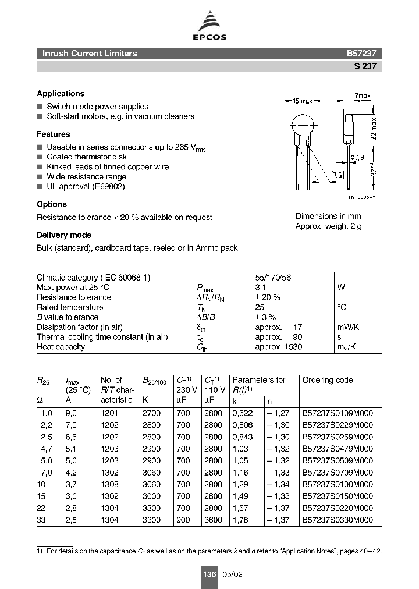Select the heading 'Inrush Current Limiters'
point(90,54)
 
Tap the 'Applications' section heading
point(61,94)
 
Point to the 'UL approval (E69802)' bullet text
point(86,187)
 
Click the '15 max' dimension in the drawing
point(302,101)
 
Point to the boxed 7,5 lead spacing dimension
point(338,175)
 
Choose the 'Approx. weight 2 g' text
point(328,226)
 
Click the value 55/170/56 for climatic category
point(273,278)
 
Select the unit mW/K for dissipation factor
point(349,327)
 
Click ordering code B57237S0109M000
point(338,412)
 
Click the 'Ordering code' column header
point(327,380)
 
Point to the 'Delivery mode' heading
point(64,235)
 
